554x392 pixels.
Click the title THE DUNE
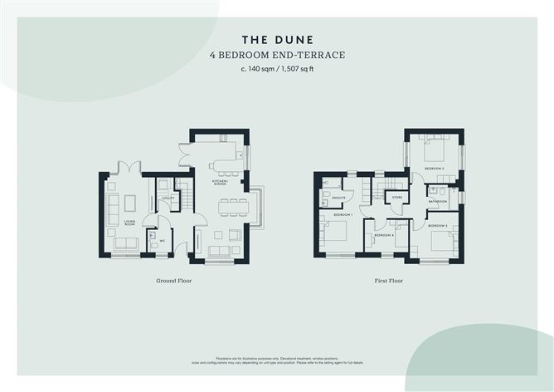[276, 39]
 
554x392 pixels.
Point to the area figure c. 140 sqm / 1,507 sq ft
[276, 69]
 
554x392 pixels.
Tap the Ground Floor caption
[174, 281]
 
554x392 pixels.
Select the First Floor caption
[388, 281]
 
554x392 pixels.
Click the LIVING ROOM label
[130, 223]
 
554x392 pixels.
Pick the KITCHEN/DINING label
[221, 182]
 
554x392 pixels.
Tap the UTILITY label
[167, 198]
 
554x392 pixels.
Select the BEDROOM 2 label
[435, 169]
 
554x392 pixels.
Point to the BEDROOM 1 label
[343, 215]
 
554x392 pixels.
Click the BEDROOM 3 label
[439, 226]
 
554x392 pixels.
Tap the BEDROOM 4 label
[383, 235]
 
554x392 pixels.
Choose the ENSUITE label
[338, 198]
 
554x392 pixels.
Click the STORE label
[396, 198]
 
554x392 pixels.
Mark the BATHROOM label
[438, 201]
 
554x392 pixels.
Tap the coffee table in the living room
[129, 203]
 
